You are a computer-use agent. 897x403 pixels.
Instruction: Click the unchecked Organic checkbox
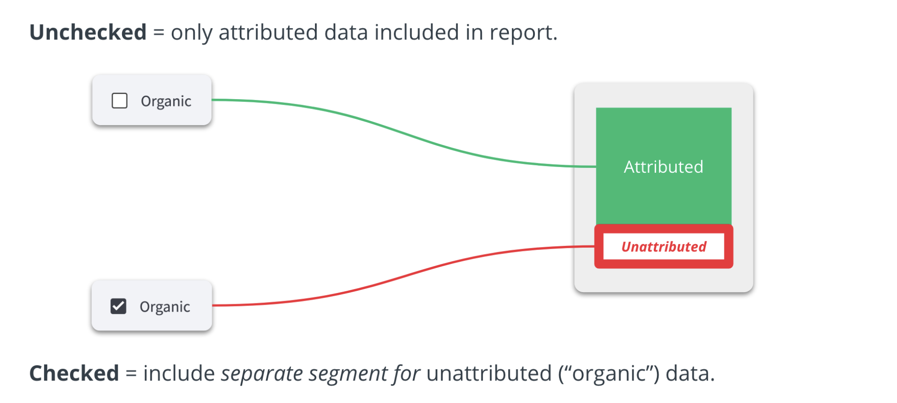[119, 101]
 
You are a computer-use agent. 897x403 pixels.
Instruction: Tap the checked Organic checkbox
[118, 306]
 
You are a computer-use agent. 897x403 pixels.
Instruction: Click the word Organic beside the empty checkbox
[166, 101]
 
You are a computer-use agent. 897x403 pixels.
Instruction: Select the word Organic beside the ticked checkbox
[165, 307]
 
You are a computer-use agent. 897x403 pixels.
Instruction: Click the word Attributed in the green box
[664, 167]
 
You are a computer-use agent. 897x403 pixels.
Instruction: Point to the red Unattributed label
[664, 246]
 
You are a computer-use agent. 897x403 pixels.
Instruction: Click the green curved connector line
[404, 133]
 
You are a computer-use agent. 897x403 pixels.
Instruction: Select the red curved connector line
[404, 276]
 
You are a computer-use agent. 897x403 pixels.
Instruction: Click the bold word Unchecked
[88, 32]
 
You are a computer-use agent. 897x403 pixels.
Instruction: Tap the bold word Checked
[74, 373]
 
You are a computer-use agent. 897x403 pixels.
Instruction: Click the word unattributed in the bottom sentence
[489, 373]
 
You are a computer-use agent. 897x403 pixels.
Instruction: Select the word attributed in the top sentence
[268, 32]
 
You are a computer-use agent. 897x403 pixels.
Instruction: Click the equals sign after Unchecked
[159, 33]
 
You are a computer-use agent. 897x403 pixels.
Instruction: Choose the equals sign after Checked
[131, 374]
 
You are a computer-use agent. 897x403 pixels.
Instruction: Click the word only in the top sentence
[192, 33]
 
